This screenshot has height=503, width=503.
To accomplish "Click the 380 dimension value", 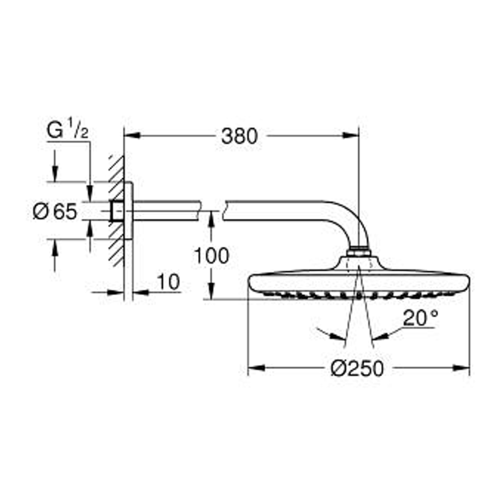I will (x=239, y=136).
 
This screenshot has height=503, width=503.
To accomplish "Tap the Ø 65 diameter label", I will (x=55, y=212).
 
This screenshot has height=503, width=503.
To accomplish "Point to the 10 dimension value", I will (x=169, y=283).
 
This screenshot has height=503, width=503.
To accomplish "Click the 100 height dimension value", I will (x=212, y=256).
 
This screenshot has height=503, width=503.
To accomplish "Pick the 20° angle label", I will (x=421, y=318).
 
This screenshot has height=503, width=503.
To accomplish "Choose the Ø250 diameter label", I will (x=357, y=369).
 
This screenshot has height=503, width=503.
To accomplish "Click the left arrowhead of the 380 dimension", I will (x=131, y=135).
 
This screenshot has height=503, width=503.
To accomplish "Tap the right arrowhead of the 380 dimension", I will (x=352, y=135).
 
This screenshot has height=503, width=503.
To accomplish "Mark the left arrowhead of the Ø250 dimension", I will (x=256, y=368).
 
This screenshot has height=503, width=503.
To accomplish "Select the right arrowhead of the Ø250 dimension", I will (x=462, y=368).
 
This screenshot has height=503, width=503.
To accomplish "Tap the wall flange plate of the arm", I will (x=129, y=211).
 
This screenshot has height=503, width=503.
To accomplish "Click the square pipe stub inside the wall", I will (x=117, y=211).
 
